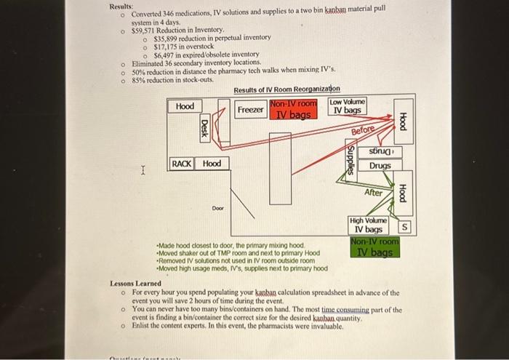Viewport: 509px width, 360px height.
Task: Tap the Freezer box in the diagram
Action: point(251,110)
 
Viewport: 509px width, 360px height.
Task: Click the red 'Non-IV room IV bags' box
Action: point(294,110)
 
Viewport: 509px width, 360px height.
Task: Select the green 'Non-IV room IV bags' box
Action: point(374,248)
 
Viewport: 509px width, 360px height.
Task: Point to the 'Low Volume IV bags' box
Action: point(348,106)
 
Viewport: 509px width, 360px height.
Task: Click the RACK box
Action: point(182,164)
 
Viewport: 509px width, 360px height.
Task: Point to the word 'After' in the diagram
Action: point(374,192)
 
